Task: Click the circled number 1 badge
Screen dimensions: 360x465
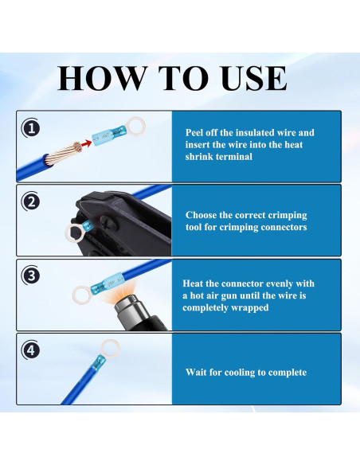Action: point(31,129)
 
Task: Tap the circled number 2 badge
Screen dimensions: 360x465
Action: point(31,202)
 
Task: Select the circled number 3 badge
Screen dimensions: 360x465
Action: point(31,275)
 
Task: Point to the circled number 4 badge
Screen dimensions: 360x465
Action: point(31,350)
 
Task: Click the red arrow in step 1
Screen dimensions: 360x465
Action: point(86,143)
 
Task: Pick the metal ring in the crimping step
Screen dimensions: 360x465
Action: point(73,233)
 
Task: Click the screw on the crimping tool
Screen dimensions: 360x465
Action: point(105,222)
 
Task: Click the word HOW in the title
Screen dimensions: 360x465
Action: point(102,78)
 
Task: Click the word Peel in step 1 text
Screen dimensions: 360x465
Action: point(194,132)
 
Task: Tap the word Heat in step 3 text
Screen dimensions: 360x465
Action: point(193,283)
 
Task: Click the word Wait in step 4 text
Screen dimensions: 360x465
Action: point(196,372)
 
